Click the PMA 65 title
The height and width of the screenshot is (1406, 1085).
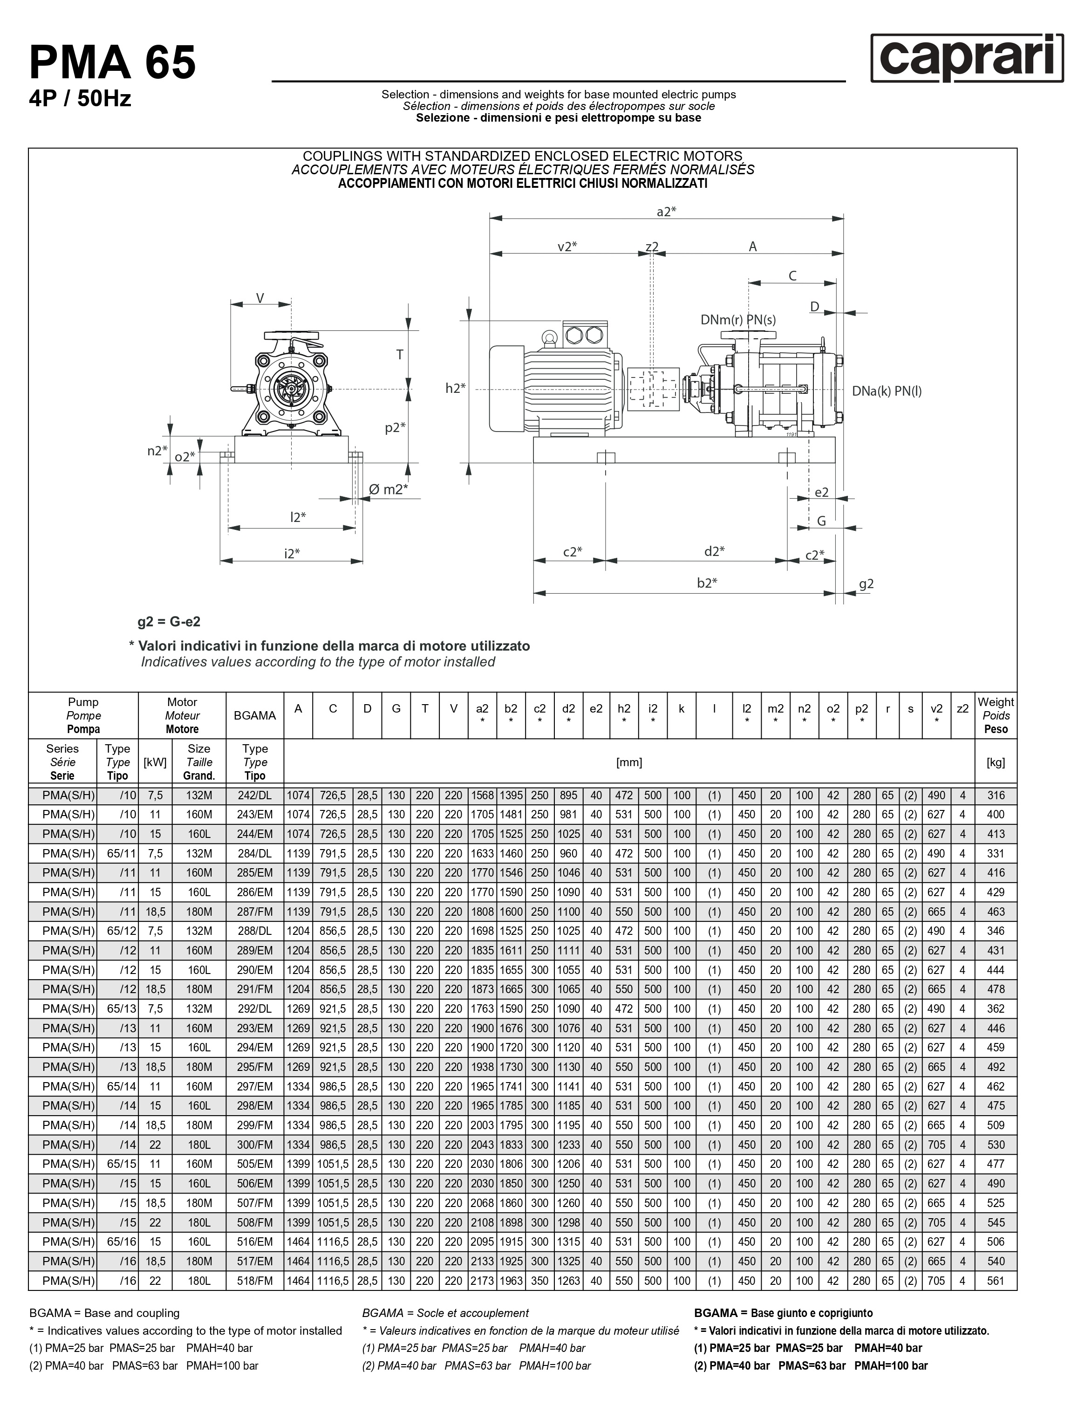point(113,62)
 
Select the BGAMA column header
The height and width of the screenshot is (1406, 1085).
point(255,715)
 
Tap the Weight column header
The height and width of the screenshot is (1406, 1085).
point(996,715)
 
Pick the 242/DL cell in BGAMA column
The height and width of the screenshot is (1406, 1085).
point(255,795)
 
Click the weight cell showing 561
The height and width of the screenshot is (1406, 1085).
point(996,1281)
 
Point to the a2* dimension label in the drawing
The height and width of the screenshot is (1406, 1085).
point(666,211)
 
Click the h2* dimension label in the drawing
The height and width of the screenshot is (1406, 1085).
point(456,388)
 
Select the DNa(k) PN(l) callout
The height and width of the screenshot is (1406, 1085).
point(887,391)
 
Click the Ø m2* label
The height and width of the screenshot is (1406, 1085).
point(389,489)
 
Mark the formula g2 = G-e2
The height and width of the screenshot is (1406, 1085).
point(169,622)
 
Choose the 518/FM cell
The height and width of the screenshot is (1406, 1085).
point(255,1281)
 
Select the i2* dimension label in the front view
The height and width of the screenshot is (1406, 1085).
point(292,553)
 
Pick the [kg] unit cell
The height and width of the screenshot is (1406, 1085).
point(996,762)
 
